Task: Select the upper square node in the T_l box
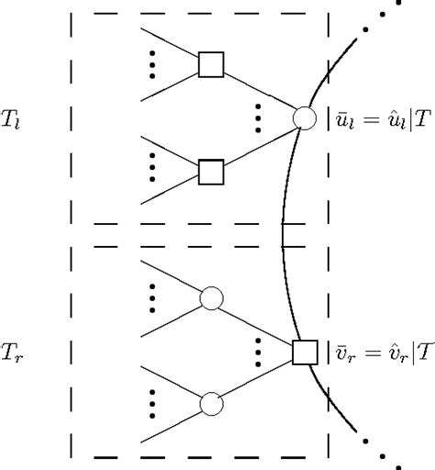pos(212,64)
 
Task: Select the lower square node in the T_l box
pos(212,172)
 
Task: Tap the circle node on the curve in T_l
pos(303,117)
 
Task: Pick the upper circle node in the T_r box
pos(212,298)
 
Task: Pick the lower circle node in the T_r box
pos(212,405)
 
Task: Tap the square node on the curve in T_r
pos(304,352)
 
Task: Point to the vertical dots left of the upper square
pos(152,64)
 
